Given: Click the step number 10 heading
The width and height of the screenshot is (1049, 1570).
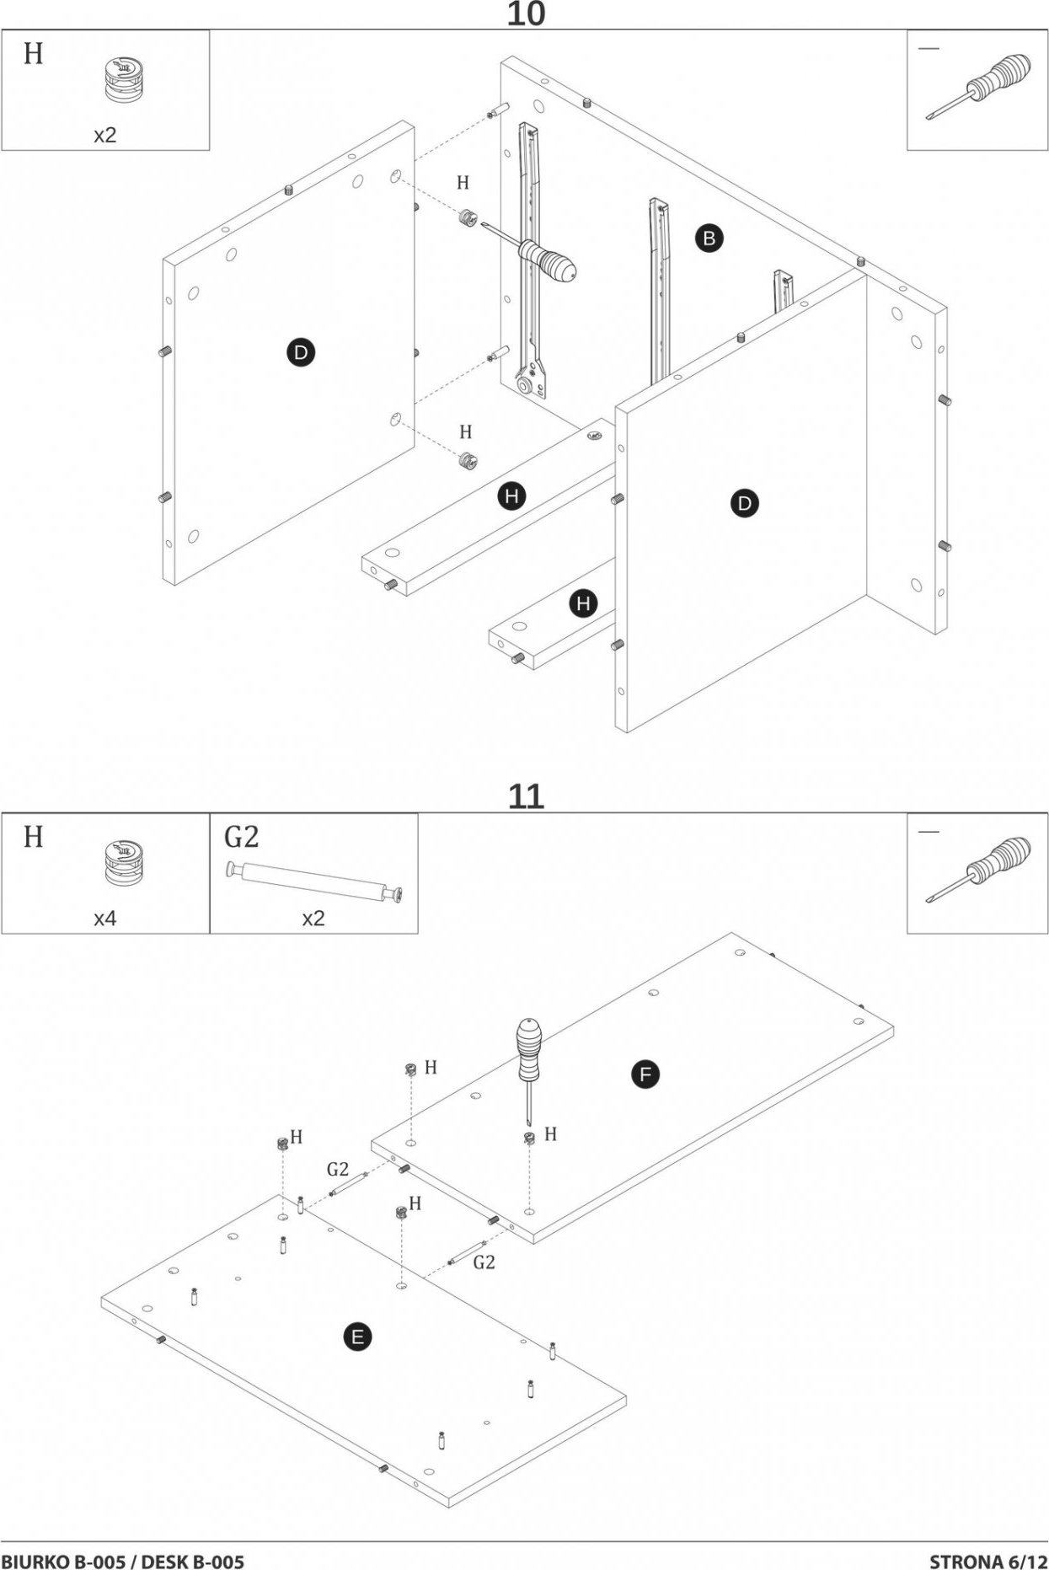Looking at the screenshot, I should pyautogui.click(x=525, y=14).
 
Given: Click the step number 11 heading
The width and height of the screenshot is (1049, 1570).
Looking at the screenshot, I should pyautogui.click(x=525, y=796).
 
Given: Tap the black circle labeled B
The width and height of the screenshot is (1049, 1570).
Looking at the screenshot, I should pyautogui.click(x=709, y=238).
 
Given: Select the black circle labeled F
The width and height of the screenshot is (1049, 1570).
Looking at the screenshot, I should pyautogui.click(x=645, y=1074).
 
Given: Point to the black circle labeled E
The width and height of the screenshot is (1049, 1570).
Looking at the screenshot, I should pyautogui.click(x=357, y=1337).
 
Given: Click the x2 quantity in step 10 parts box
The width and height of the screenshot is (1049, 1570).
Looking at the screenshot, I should pyautogui.click(x=104, y=136).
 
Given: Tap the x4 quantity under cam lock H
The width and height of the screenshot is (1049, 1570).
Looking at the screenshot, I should pyautogui.click(x=104, y=919).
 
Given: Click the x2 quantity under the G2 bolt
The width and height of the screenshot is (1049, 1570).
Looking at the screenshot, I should pyautogui.click(x=313, y=919).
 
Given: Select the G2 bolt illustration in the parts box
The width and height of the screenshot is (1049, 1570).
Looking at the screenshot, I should pyautogui.click(x=313, y=881).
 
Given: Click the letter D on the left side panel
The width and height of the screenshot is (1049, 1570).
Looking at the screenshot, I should pyautogui.click(x=300, y=352).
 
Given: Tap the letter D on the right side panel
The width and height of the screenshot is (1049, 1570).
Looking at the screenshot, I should pyautogui.click(x=744, y=504).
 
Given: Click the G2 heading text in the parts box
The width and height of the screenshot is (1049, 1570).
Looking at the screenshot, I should pyautogui.click(x=241, y=837).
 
